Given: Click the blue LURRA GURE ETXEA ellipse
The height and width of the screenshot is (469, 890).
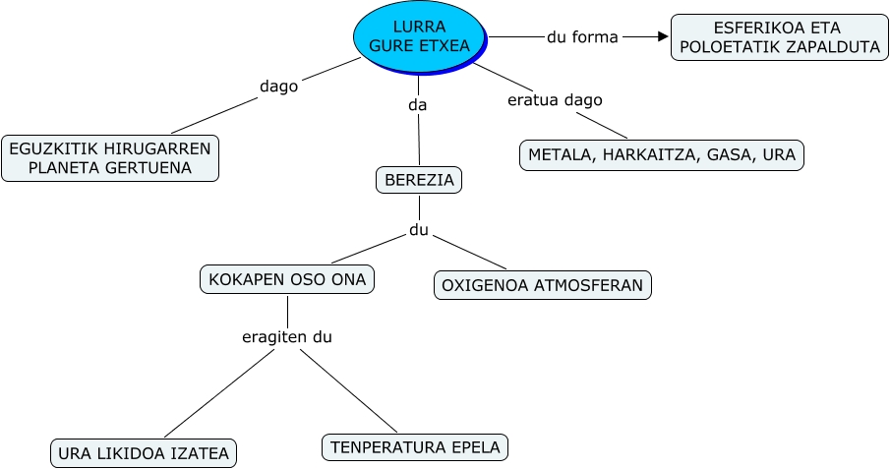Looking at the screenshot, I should pyautogui.click(x=419, y=37).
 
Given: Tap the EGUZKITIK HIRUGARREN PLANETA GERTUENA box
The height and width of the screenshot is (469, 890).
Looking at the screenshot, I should pyautogui.click(x=110, y=158).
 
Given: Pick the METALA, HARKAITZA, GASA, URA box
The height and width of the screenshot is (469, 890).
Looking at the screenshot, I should pyautogui.click(x=662, y=155).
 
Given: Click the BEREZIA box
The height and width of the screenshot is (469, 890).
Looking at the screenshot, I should pyautogui.click(x=419, y=181).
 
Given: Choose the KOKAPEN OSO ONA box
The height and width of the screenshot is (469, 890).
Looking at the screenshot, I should pyautogui.click(x=287, y=279).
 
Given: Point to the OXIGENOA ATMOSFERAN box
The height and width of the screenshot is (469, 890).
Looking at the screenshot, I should pyautogui.click(x=542, y=285).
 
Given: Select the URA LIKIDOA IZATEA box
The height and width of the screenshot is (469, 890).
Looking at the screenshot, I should pyautogui.click(x=144, y=453).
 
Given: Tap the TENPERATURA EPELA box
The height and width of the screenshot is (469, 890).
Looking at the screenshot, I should pyautogui.click(x=415, y=447).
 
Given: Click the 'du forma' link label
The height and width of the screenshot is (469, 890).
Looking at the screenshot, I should pyautogui.click(x=582, y=37).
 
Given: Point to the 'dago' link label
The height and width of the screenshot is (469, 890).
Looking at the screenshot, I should pyautogui.click(x=278, y=86).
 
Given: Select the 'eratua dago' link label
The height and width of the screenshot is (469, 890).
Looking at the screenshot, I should pyautogui.click(x=555, y=99).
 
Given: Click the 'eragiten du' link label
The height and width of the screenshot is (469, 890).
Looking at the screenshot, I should pyautogui.click(x=287, y=337).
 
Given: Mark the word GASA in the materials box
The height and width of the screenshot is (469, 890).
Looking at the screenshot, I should pyautogui.click(x=723, y=155).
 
